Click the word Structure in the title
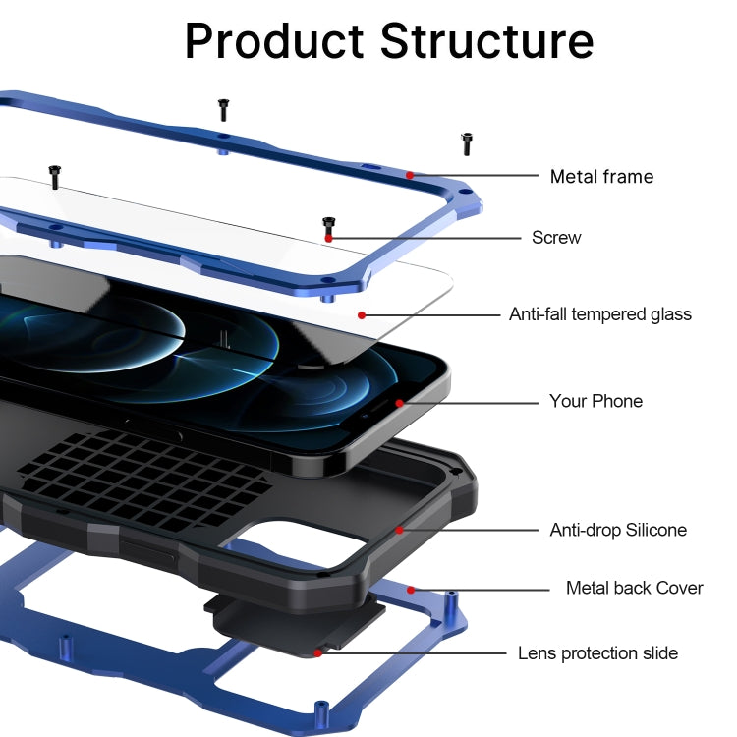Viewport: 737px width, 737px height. [x=487, y=41]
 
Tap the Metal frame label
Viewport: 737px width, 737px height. [x=601, y=177]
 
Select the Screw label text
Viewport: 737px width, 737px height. [x=556, y=237]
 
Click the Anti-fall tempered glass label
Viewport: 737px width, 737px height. [x=599, y=314]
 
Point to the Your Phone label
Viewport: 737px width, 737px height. [x=595, y=401]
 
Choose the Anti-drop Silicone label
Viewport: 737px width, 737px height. [x=618, y=530]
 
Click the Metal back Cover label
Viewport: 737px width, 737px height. [x=634, y=588]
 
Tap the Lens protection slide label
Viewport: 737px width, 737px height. [x=597, y=652]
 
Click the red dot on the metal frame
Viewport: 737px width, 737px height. [x=410, y=176]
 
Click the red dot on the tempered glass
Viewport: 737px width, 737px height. [x=362, y=314]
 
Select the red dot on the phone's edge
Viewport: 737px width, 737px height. [x=399, y=402]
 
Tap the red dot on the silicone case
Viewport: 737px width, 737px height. [x=400, y=530]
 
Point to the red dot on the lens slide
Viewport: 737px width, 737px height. [x=317, y=652]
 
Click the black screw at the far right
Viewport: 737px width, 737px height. [x=467, y=143]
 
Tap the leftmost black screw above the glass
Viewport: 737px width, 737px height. [x=55, y=177]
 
